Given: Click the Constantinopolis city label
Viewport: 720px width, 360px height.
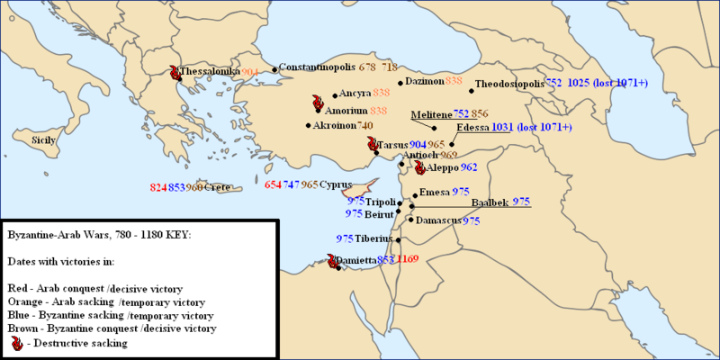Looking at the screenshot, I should pyautogui.click(x=318, y=67).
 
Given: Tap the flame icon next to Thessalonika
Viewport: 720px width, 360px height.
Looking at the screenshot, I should pyautogui.click(x=173, y=72).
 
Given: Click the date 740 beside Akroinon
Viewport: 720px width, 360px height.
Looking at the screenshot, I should pyautogui.click(x=364, y=125).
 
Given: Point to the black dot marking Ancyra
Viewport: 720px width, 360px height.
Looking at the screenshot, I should pyautogui.click(x=335, y=94).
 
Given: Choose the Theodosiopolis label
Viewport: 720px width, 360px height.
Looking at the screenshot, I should pyautogui.click(x=508, y=82).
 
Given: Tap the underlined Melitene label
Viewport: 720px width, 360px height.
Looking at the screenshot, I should pyautogui.click(x=430, y=114).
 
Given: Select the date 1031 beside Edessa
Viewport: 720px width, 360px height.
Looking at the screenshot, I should pyautogui.click(x=502, y=128).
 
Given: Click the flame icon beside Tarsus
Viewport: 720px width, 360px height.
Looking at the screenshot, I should pyautogui.click(x=372, y=145).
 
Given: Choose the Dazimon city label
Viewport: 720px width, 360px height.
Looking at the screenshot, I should pyautogui.click(x=424, y=81).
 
